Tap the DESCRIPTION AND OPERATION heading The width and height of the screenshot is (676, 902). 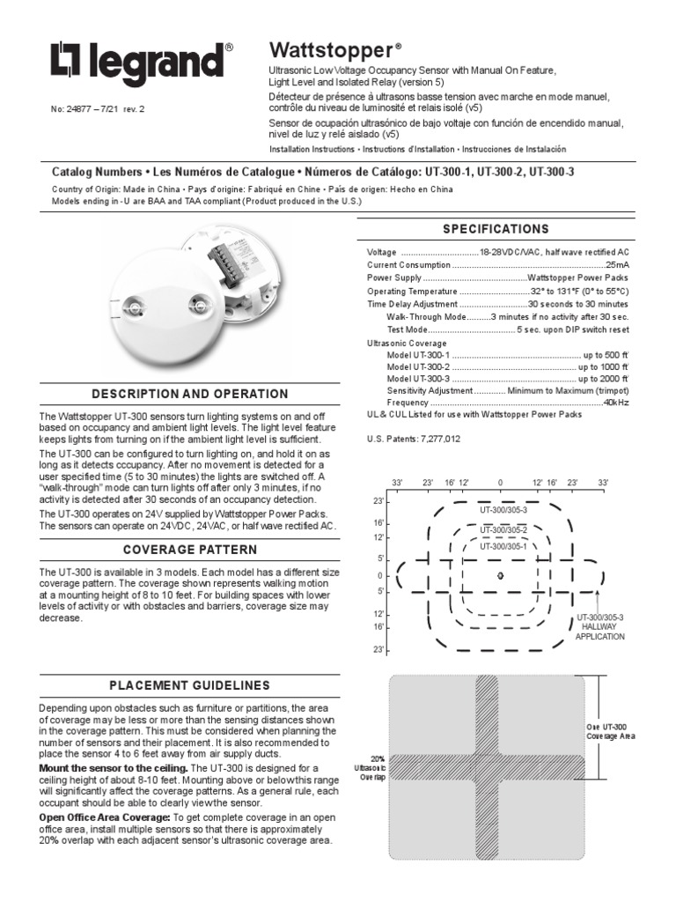[x=190, y=394]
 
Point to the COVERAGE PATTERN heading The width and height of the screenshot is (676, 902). [x=190, y=550]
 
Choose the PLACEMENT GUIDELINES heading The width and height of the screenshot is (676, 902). [x=190, y=685]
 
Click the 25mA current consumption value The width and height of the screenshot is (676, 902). [x=615, y=264]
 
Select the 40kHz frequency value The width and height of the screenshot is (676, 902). [x=616, y=402]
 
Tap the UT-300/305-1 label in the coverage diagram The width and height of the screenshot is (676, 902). [x=503, y=546]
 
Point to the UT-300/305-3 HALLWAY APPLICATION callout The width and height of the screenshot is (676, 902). [x=599, y=627]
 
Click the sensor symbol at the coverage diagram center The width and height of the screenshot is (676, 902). [x=500, y=575]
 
